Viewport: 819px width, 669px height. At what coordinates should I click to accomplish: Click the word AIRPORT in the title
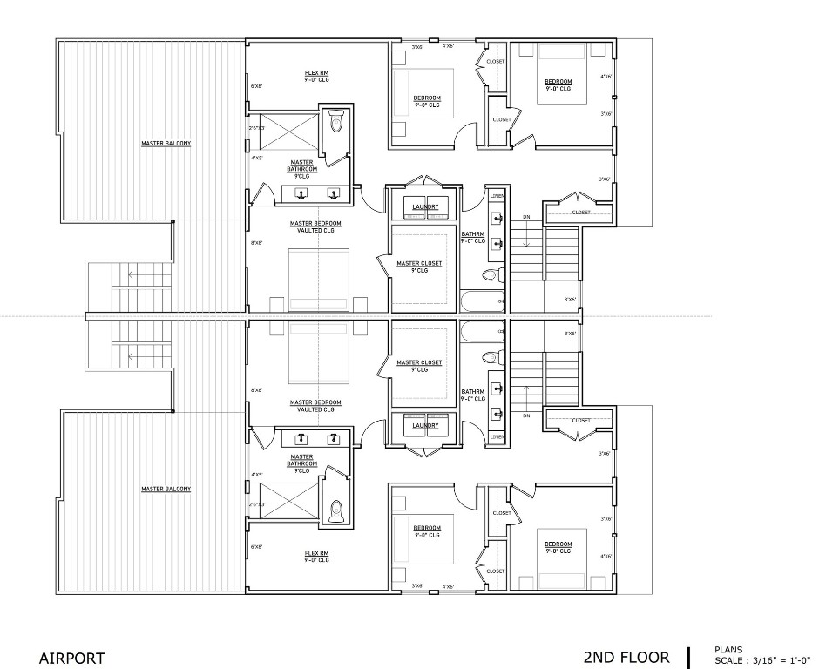[72, 659]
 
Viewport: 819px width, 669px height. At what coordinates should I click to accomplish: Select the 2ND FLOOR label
[626, 658]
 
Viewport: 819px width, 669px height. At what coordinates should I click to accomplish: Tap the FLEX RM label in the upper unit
[316, 73]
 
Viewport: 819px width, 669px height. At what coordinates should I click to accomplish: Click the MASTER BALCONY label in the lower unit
[166, 489]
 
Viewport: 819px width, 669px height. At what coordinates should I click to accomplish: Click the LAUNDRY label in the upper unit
[425, 206]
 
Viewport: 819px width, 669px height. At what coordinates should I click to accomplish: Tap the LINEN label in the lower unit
[497, 436]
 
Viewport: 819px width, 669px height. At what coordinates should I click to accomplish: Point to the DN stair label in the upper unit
[525, 218]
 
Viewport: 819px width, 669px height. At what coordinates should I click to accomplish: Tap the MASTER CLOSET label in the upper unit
[419, 263]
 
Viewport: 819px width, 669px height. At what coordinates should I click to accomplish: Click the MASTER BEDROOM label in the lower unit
[315, 402]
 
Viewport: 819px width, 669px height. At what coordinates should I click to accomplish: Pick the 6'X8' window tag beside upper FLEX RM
[257, 86]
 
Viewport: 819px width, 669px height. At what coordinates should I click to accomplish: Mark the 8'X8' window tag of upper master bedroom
[257, 243]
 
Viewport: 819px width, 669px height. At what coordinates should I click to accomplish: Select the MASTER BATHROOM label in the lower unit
[301, 460]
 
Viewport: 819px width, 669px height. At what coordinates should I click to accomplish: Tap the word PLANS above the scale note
[728, 649]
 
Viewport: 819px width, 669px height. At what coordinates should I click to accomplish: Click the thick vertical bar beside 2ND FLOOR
[688, 657]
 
